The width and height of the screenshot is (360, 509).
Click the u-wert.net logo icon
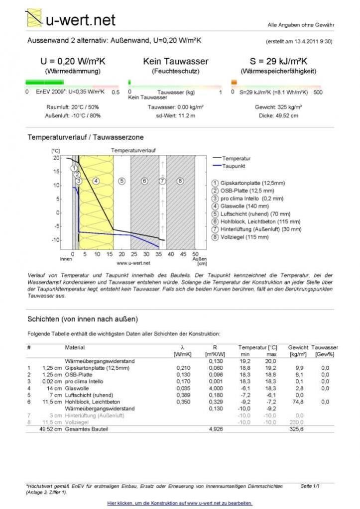pyautogui.click(x=34, y=18)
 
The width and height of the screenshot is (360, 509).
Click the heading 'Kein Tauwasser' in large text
pyautogui.click(x=175, y=62)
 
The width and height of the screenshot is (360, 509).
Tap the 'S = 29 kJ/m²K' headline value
pyautogui.click(x=278, y=62)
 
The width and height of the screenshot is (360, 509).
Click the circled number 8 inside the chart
pyautogui.click(x=180, y=181)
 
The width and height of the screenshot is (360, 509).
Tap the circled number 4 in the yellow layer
pyautogui.click(x=96, y=181)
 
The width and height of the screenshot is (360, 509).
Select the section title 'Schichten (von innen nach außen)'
pyautogui.click(x=83, y=319)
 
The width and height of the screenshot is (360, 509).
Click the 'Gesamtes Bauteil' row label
pyautogui.click(x=86, y=428)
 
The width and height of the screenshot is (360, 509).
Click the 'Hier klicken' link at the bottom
pyautogui.click(x=180, y=503)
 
